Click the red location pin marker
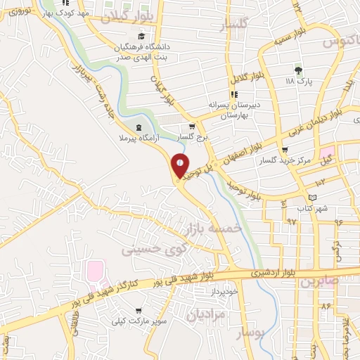(180, 166)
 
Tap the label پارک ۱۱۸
(299, 82)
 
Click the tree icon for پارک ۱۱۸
(298, 70)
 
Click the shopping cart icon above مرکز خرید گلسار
(284, 150)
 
